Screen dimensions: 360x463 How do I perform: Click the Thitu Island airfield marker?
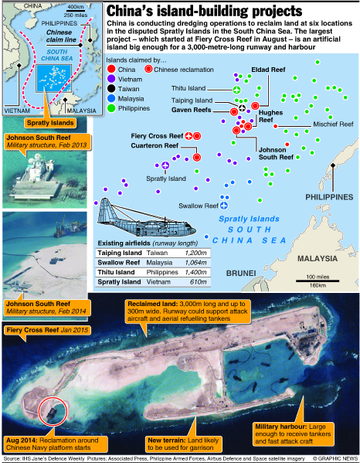pyautogui.click(x=236, y=90)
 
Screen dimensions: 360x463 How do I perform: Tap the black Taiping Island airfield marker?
pyautogui.click(x=242, y=107)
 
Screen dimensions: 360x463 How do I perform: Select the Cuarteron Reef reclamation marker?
pyautogui.click(x=197, y=157)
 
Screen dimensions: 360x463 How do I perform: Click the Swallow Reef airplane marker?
pyautogui.click(x=224, y=206)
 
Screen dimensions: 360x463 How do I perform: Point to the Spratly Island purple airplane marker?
pyautogui.click(x=165, y=165)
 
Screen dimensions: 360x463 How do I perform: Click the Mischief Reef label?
pyautogui.click(x=333, y=124)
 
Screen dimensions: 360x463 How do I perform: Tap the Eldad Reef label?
pyautogui.click(x=268, y=70)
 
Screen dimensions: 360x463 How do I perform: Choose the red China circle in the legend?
pyautogui.click(x=111, y=70)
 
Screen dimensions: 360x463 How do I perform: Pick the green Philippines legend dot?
pyautogui.click(x=111, y=108)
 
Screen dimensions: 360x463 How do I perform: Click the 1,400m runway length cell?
pyautogui.click(x=195, y=272)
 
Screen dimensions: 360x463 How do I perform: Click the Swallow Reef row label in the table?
pyautogui.click(x=119, y=263)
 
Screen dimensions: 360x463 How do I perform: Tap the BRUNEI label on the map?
pyautogui.click(x=241, y=273)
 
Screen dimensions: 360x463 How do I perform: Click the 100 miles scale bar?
pyautogui.click(x=318, y=281)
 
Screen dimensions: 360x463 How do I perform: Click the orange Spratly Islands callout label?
pyautogui.click(x=50, y=123)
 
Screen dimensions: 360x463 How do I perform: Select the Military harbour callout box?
pyautogui.click(x=293, y=434)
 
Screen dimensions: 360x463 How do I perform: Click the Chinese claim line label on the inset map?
pyautogui.click(x=61, y=36)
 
